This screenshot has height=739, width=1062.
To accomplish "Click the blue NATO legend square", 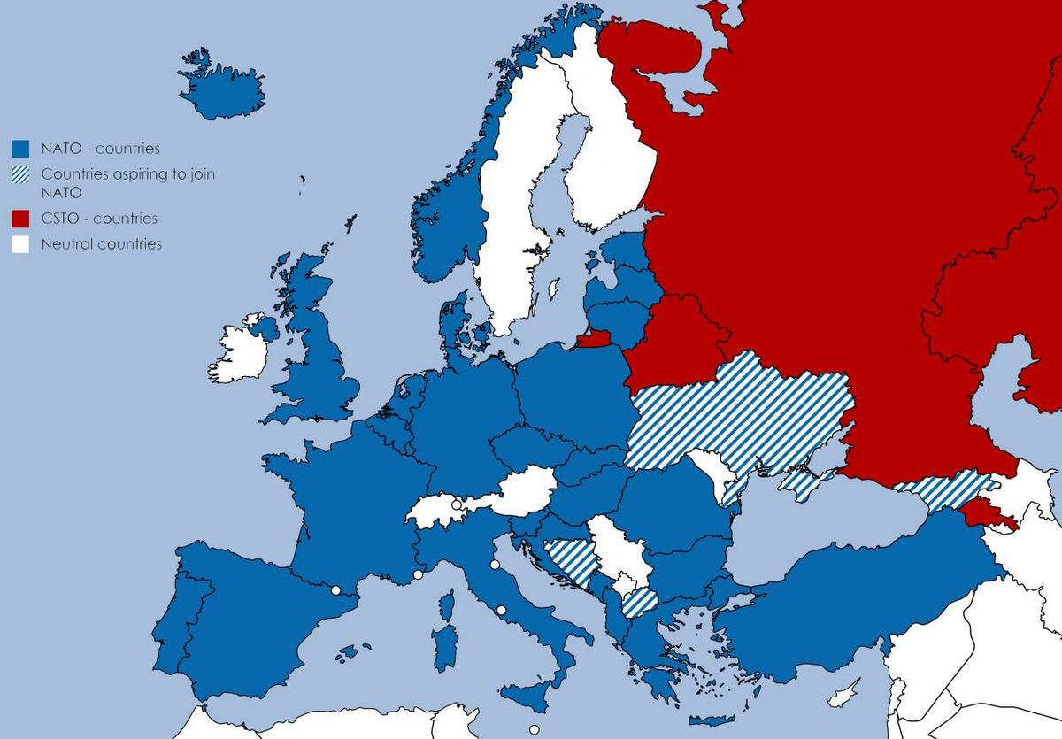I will (20, 149).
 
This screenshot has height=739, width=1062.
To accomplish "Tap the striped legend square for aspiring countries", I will (20, 175).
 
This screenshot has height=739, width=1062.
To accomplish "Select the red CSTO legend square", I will (20, 219).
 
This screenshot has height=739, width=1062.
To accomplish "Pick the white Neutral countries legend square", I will (20, 244).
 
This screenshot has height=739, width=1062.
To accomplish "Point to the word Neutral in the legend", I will (68, 244).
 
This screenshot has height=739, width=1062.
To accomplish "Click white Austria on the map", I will (522, 491).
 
